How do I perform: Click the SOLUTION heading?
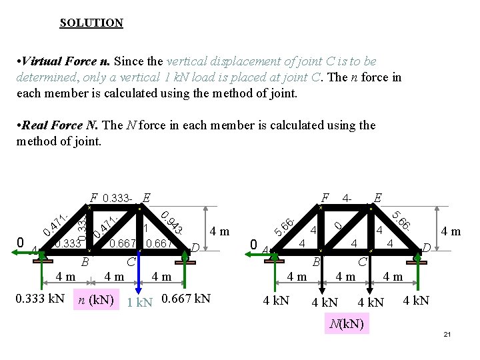(91, 23)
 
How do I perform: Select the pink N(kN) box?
(345, 325)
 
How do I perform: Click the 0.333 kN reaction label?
(40, 298)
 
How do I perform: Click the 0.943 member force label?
(173, 222)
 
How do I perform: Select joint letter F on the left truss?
(93, 197)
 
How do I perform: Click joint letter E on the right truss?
(377, 197)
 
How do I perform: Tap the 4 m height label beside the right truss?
(451, 232)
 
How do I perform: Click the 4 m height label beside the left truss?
(219, 232)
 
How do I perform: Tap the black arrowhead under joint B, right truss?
(320, 287)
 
